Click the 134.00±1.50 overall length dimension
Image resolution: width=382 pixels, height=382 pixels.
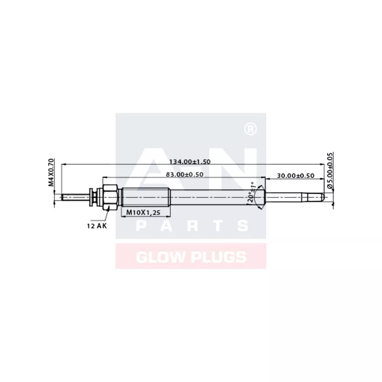coord(190,161)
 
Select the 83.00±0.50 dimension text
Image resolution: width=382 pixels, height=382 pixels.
coord(184,174)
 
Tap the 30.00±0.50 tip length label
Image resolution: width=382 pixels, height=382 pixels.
coord(296,176)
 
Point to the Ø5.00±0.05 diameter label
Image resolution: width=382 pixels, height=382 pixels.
coord(330,170)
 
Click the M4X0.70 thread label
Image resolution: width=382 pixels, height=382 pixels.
coord(51,172)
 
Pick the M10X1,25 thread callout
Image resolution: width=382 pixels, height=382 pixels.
coord(143,212)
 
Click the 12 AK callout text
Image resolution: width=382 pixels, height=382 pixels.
coord(97,226)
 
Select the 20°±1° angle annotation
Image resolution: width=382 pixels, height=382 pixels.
coord(252,192)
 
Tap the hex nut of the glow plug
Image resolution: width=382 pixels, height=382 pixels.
coord(111,197)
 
